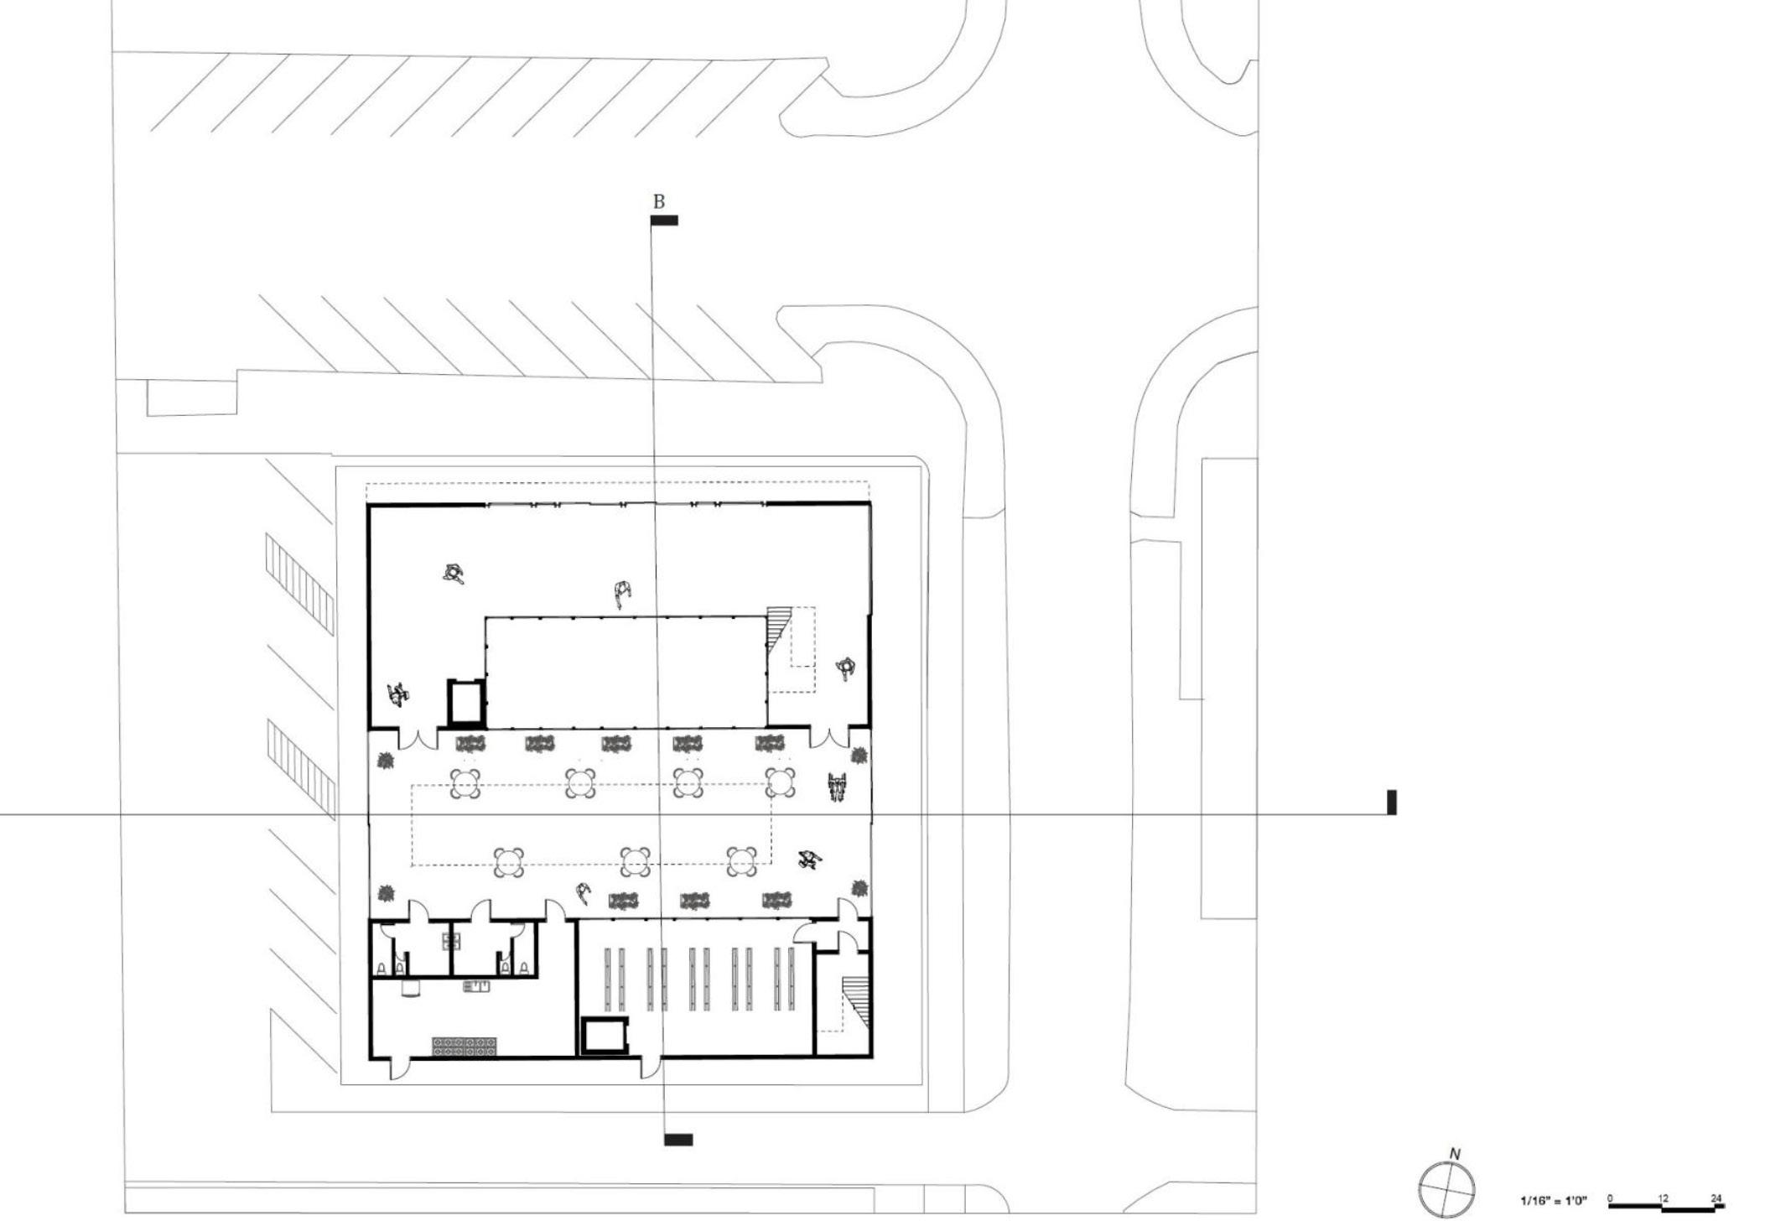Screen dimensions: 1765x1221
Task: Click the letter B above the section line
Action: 658,202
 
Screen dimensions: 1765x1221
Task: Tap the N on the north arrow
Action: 1455,1155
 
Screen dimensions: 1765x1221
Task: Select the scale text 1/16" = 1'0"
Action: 1553,1201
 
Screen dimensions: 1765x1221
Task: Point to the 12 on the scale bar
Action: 1664,1198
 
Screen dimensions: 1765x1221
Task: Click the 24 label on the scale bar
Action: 1716,1198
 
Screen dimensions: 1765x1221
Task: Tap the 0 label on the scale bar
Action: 1610,1198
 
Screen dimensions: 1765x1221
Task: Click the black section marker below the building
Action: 678,1140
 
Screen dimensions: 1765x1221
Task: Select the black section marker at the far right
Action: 1392,802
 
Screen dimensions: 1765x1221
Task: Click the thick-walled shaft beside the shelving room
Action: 605,1036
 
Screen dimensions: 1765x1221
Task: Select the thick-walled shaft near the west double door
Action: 465,702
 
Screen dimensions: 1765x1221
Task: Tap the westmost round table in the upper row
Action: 465,783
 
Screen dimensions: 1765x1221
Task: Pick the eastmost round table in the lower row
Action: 742,861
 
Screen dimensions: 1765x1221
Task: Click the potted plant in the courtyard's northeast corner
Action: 859,756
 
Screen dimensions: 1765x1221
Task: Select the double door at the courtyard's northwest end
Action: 418,739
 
